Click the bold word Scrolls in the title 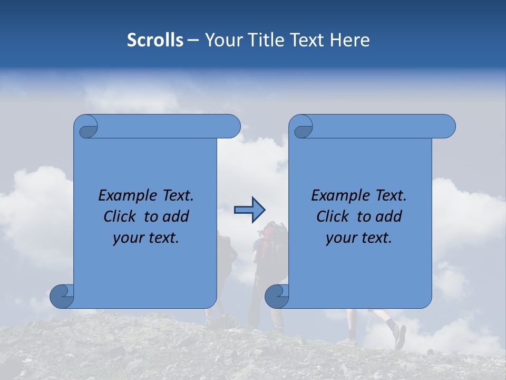(155, 40)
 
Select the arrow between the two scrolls (249, 210)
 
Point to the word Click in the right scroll (333, 216)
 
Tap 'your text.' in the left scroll (146, 237)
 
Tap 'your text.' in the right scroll (359, 237)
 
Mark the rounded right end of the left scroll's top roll (233, 127)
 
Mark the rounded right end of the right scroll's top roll (448, 127)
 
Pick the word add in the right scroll (390, 216)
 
